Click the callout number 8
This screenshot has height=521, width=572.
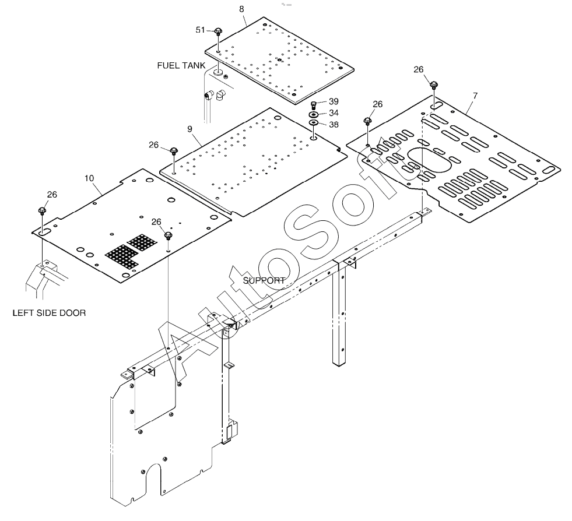tap(243, 10)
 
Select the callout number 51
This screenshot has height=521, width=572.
tap(200, 30)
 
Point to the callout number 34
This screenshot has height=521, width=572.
tap(334, 112)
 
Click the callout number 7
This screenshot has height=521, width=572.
tap(475, 95)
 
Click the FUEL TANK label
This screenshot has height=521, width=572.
tap(181, 65)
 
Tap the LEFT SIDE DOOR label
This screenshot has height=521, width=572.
tap(49, 313)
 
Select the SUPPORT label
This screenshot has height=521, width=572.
tap(264, 280)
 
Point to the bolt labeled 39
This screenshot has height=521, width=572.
tap(313, 105)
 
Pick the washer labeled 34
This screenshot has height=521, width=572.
tap(313, 114)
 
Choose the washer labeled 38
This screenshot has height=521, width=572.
tap(313, 123)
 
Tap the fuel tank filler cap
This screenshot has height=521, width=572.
tap(218, 73)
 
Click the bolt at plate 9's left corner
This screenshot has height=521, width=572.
tap(174, 152)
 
